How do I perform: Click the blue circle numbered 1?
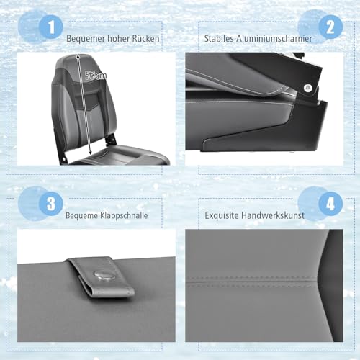[51, 27]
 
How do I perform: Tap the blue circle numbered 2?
[330, 27]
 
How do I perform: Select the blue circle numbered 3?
[51, 204]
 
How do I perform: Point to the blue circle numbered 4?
[330, 204]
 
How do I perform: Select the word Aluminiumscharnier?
[274, 38]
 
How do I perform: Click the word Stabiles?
[219, 38]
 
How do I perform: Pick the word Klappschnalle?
[124, 215]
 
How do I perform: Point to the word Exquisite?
[222, 215]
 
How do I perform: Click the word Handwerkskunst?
[273, 215]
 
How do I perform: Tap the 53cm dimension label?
[96, 76]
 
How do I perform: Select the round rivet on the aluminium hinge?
[307, 88]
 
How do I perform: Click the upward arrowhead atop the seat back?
[78, 56]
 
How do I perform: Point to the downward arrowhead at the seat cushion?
[90, 152]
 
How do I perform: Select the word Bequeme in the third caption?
[81, 215]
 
